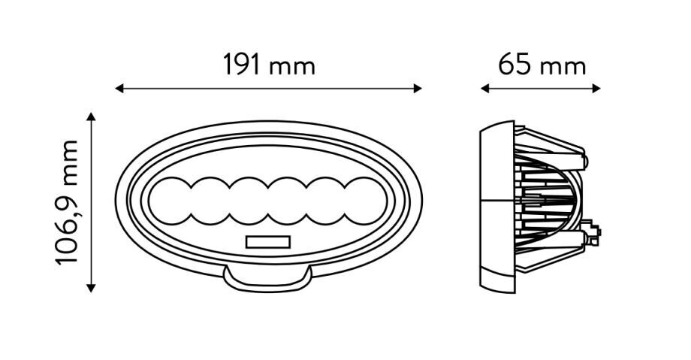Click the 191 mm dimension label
point(269,65)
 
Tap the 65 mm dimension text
point(542,65)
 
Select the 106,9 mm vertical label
point(67,202)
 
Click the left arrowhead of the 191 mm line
point(119,89)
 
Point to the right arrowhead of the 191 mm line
point(418,89)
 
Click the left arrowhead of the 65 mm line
point(484,89)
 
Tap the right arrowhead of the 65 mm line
point(596,89)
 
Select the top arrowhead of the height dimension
point(91,116)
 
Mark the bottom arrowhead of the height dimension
point(91,288)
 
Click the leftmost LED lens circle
point(170,201)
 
